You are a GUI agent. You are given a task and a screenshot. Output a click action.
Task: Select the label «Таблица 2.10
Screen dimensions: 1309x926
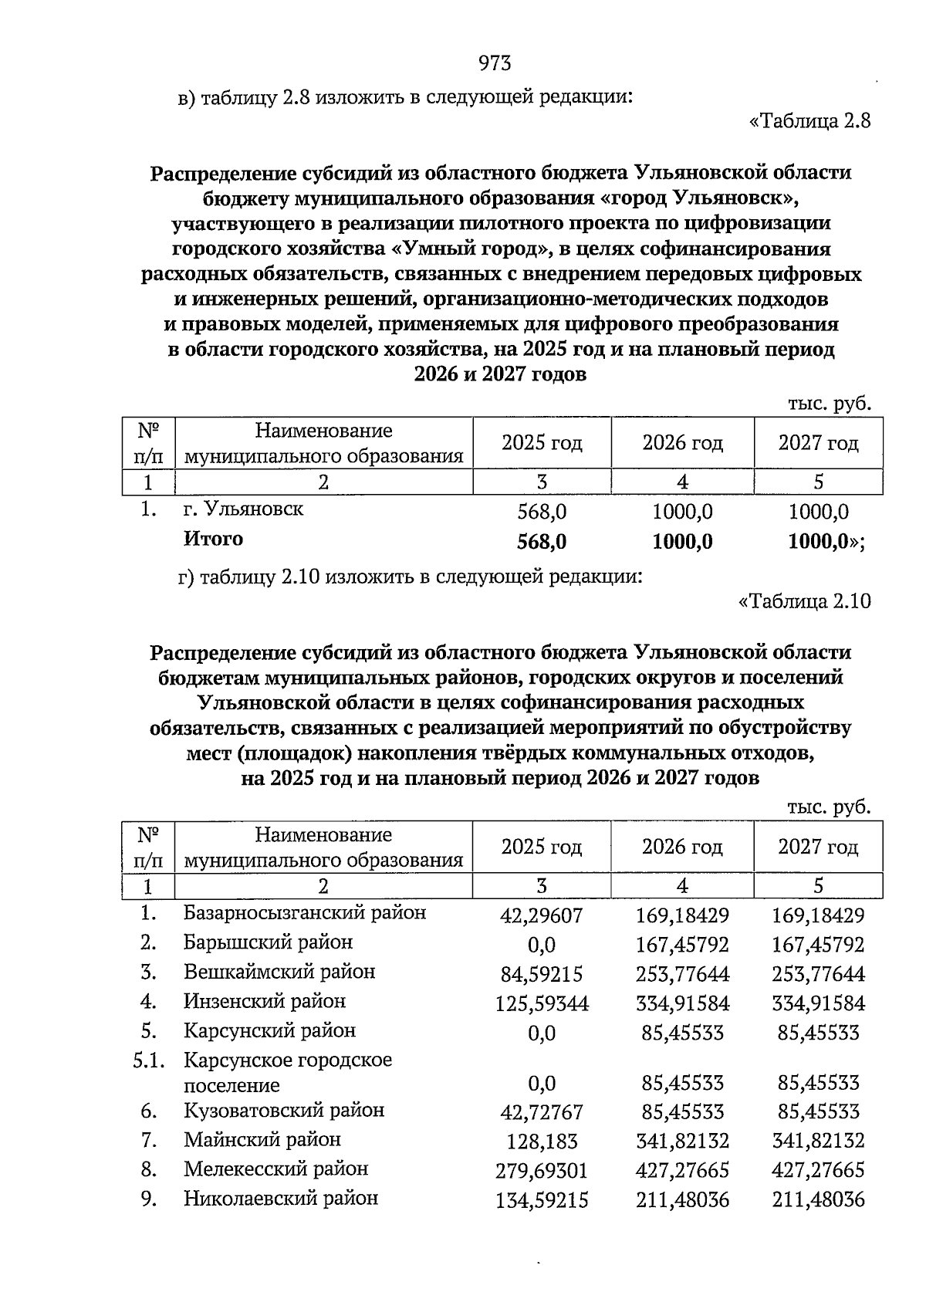click(x=805, y=601)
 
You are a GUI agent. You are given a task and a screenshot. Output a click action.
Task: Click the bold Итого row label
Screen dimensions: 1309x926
click(x=213, y=539)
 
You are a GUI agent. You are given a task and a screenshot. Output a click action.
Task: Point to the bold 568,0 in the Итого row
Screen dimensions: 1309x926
click(x=542, y=542)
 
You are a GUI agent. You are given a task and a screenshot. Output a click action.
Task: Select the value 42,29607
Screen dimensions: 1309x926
click(x=542, y=916)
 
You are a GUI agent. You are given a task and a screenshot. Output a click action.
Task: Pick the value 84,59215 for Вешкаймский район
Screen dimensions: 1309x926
click(x=542, y=974)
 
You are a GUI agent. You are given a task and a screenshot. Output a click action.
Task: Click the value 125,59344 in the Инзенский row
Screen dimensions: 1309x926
click(x=542, y=1003)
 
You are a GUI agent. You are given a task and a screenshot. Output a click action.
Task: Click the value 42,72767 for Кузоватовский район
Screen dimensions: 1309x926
click(x=542, y=1113)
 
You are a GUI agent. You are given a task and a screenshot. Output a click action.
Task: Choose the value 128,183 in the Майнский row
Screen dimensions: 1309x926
click(x=542, y=1142)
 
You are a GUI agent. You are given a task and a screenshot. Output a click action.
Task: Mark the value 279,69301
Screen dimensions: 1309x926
click(x=542, y=1171)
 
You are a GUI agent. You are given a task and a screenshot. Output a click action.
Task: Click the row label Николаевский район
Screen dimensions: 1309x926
click(x=281, y=1199)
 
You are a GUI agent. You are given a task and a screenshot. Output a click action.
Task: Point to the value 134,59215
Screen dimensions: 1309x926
click(x=542, y=1201)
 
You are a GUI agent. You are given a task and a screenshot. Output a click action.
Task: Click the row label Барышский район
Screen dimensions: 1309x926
click(x=268, y=942)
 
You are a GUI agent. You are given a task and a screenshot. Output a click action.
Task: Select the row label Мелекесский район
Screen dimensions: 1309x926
click(x=276, y=1169)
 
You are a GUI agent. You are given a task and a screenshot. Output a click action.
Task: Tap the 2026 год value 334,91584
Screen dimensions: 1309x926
click(x=682, y=1003)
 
